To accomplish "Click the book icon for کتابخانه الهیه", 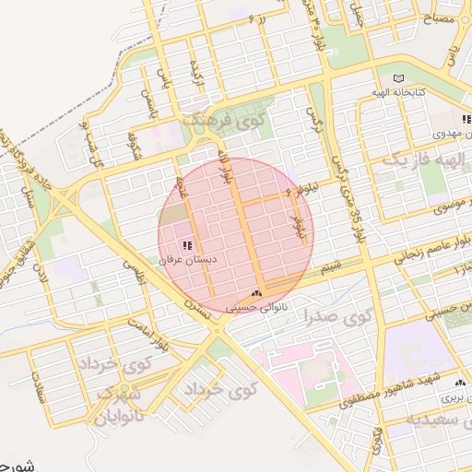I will tap(398, 77).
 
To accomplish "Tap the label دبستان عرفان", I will tap(189, 261).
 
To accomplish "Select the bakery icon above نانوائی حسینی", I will tap(256, 293).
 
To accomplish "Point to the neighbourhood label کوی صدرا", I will tap(336, 319).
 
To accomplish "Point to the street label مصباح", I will tap(440, 18).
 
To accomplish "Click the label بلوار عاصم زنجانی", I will tap(428, 254).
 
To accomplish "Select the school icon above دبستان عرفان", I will tap(188, 245).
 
